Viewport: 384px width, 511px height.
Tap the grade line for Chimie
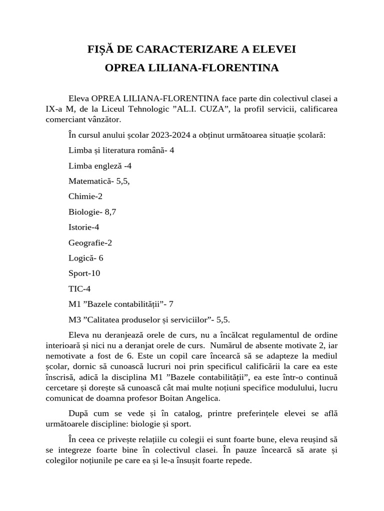pos(85,197)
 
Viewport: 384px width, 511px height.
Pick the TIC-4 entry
pos(79,288)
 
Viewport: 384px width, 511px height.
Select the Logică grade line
pos(86,258)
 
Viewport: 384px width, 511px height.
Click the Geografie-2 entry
pos(90,243)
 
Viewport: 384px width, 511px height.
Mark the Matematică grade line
pos(99,182)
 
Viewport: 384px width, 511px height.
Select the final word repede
pos(237,461)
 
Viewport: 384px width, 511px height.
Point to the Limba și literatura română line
pos(121,150)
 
